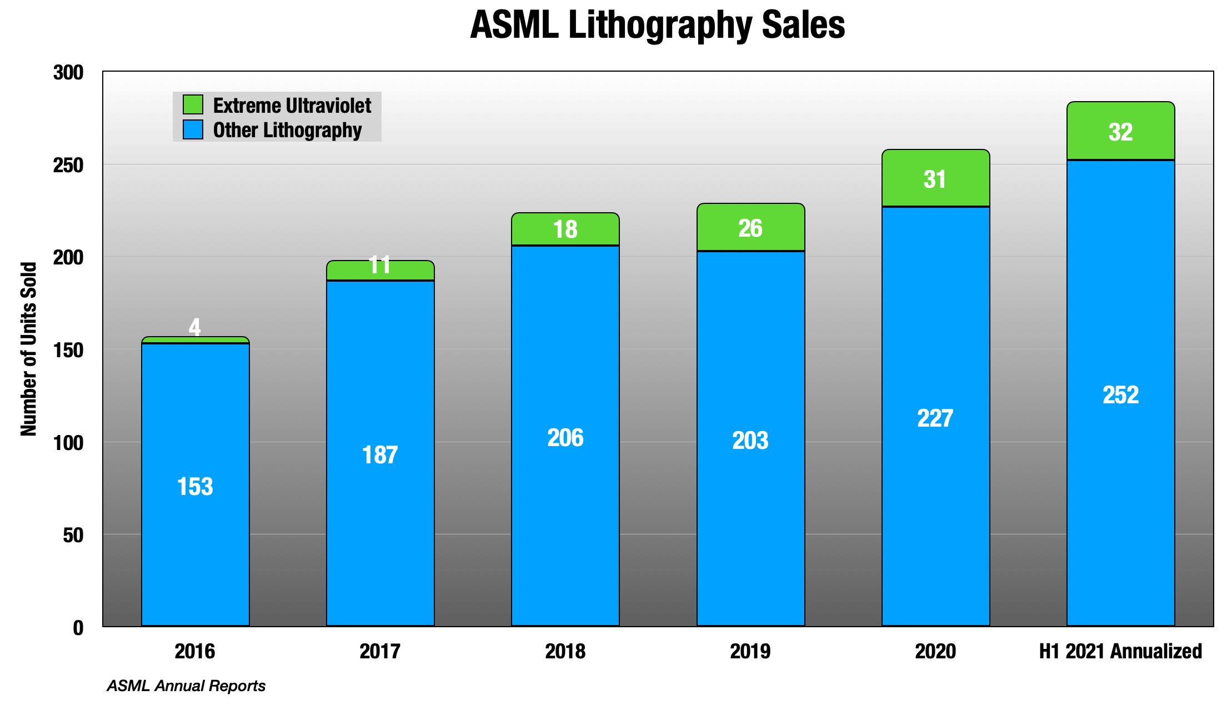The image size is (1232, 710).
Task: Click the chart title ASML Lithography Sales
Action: coord(657,25)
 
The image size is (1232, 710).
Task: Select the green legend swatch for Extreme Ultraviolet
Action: coord(193,104)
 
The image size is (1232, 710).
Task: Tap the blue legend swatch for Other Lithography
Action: coord(193,129)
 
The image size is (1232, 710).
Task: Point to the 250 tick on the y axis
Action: coord(68,165)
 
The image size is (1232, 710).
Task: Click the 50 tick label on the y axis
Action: coord(73,536)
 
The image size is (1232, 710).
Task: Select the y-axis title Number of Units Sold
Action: coord(29,349)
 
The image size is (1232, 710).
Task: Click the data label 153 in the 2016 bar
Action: coord(195,487)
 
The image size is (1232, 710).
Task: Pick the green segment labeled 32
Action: coord(1120,132)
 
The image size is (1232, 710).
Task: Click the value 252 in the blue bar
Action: coord(1120,395)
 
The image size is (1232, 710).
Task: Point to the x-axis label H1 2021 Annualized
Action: coord(1120,651)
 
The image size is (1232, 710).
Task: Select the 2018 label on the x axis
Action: coord(565,651)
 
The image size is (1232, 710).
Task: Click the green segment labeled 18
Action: coord(565,229)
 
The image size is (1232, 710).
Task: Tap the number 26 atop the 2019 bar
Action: coord(750,228)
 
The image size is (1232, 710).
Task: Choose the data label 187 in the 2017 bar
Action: coord(380,455)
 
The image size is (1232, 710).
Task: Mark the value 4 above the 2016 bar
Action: coord(194,327)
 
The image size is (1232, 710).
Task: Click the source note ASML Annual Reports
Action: coord(186,686)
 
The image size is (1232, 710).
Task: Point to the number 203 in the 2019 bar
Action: coord(750,441)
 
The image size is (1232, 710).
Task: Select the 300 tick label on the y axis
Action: coord(68,73)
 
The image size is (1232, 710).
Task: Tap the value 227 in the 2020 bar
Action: coord(935,418)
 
